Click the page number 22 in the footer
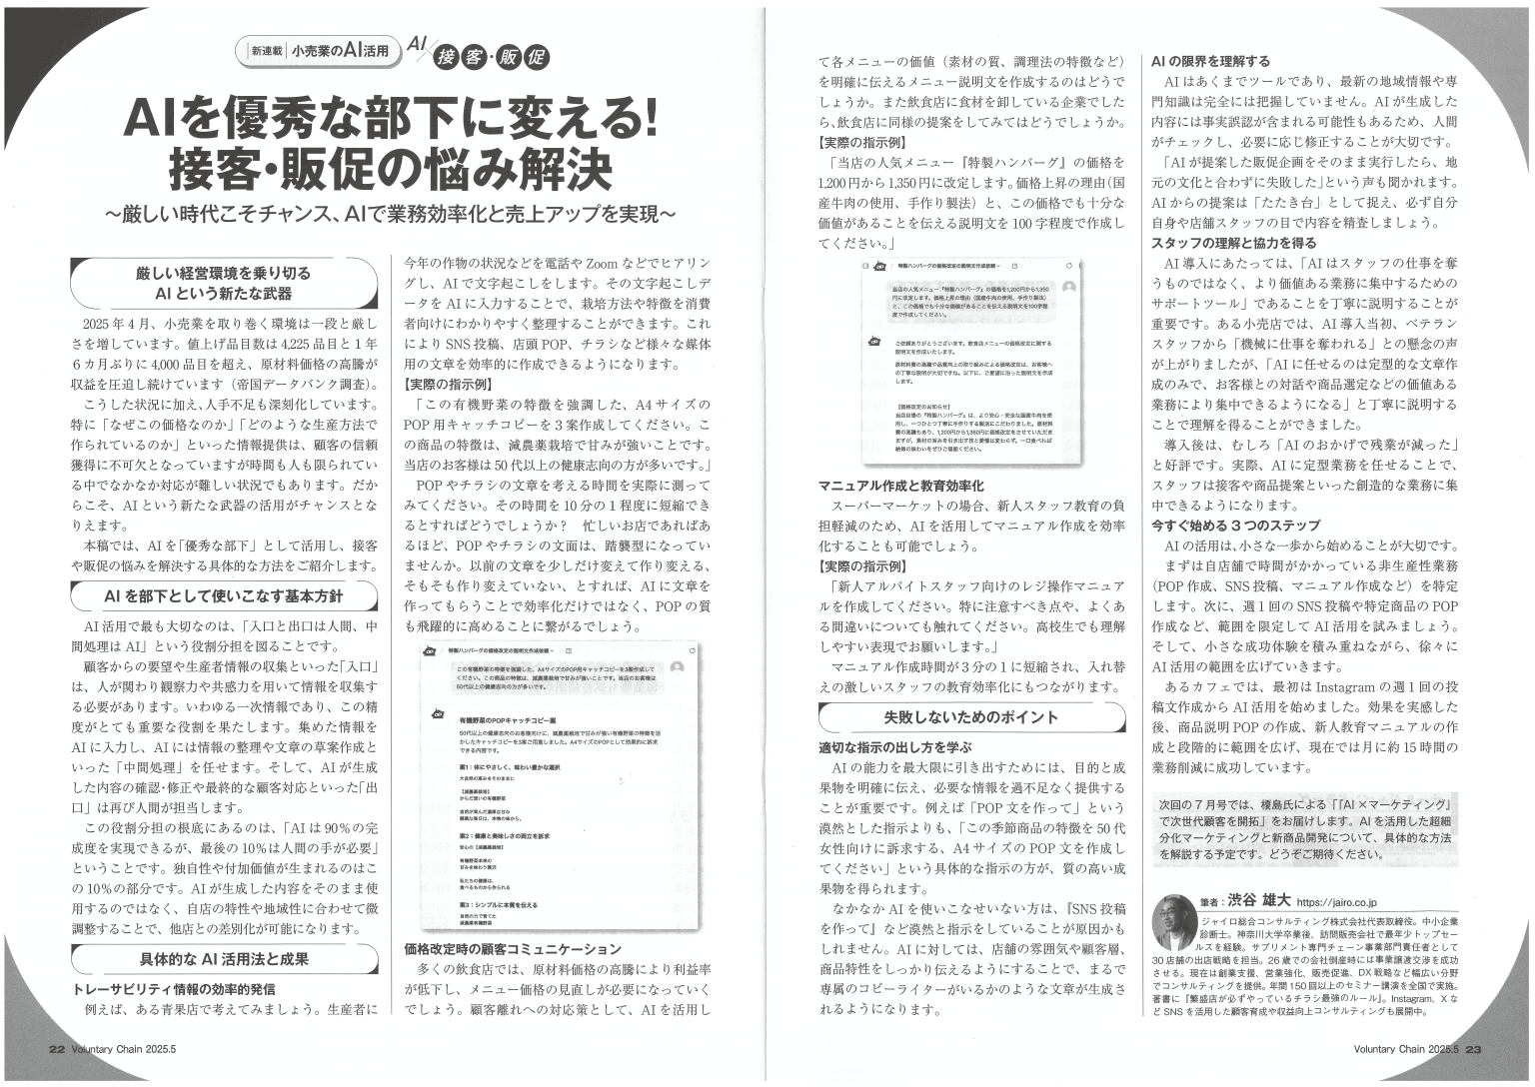click(57, 1049)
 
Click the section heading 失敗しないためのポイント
click(970, 717)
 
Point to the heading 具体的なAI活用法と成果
click(224, 959)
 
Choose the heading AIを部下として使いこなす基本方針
click(224, 596)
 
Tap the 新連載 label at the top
click(267, 50)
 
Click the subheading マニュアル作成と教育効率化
click(901, 486)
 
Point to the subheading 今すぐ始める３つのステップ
click(1235, 525)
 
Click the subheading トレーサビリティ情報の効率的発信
click(174, 988)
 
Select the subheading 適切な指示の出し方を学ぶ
click(894, 746)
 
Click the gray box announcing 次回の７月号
click(1304, 829)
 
